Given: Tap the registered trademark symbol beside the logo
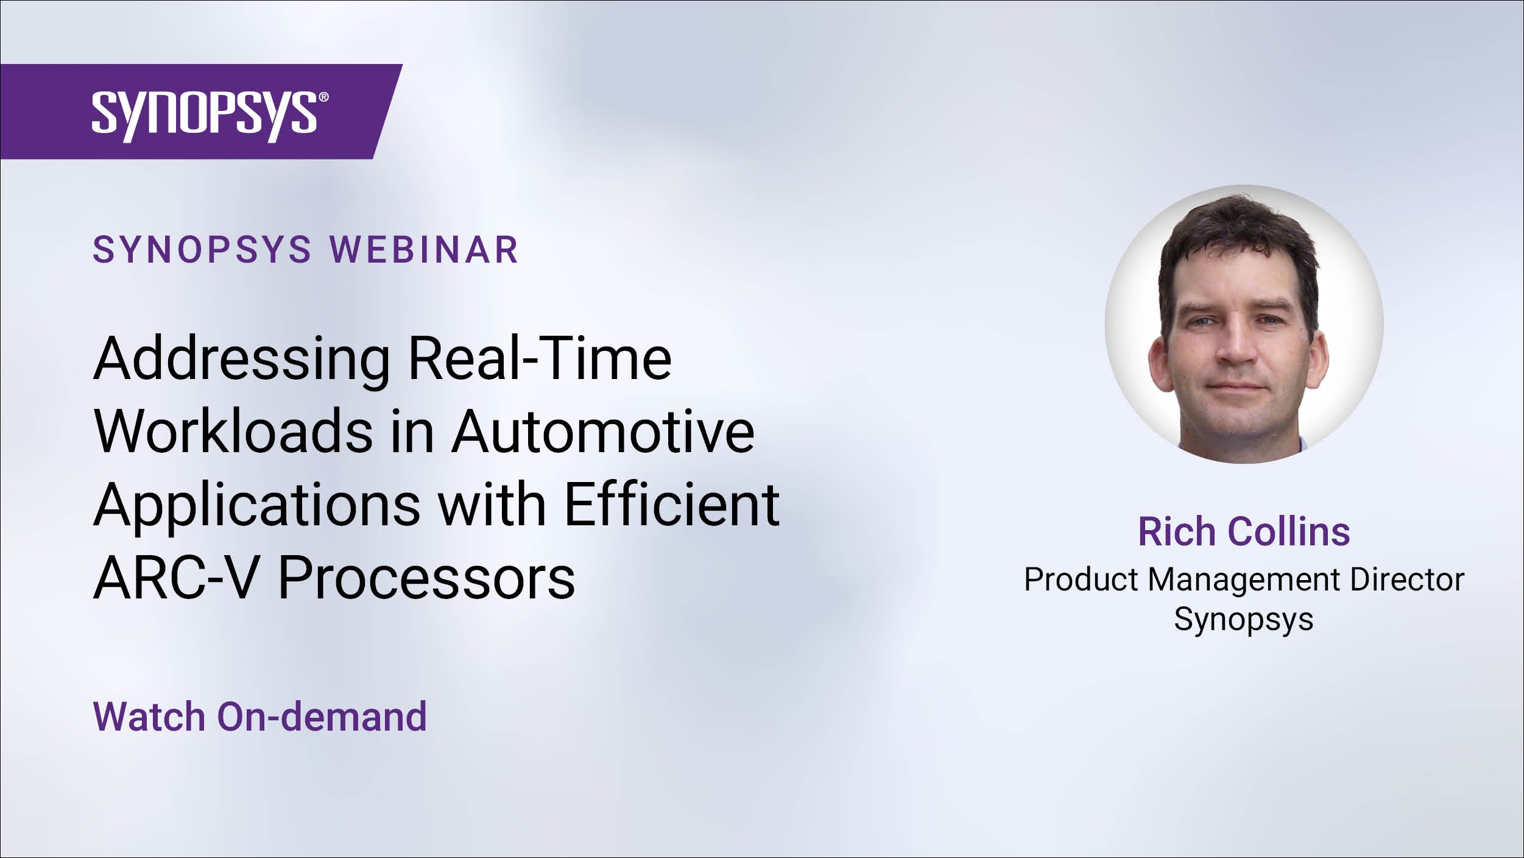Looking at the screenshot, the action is coord(323,97).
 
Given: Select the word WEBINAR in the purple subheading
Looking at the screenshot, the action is coord(424,250).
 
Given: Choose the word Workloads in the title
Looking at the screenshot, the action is coord(233,431).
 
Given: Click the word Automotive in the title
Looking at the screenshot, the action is coord(603,431).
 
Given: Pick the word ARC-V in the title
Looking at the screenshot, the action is coord(177,577).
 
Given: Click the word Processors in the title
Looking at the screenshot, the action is coord(426,577).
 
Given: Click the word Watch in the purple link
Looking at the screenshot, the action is coord(149,716).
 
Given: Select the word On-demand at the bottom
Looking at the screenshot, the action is coord(322,716).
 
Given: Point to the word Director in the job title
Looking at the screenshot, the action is coord(1407,579).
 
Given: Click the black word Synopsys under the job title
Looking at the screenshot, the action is coord(1244,620).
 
